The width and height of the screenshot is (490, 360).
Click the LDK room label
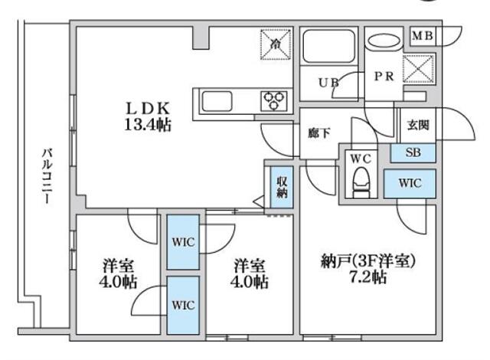142,110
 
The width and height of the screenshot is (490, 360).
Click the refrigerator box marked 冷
276,44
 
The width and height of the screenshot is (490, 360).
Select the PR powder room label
384,77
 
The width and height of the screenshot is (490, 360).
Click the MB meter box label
423,34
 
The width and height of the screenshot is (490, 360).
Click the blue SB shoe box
413,152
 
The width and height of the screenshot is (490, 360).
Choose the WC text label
360,159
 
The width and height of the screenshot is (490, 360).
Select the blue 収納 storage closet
281,186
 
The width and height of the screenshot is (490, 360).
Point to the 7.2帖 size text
369,277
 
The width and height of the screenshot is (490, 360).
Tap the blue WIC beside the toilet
410,183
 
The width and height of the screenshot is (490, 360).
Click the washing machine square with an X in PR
417,69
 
